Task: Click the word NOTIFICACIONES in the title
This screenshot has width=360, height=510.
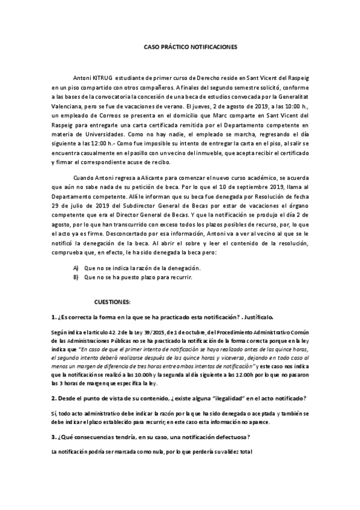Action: point(211,46)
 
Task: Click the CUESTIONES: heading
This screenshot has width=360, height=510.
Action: point(117,301)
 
